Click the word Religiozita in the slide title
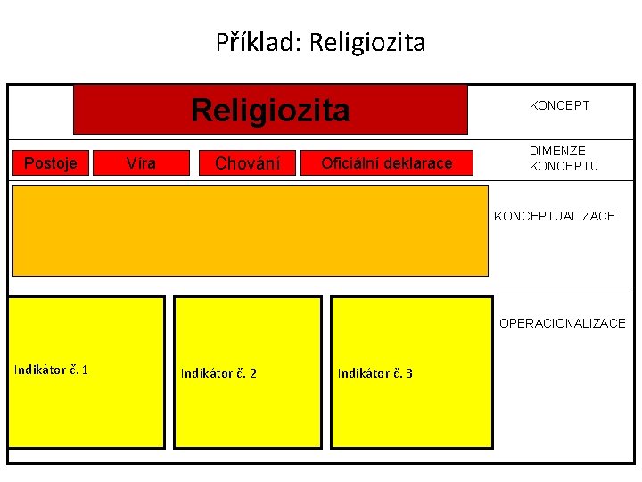366,42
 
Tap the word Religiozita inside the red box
270,111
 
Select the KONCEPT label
559,105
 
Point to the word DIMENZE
557,152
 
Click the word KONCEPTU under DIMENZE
564,166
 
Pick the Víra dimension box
141,163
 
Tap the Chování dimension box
247,163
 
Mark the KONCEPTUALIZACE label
554,216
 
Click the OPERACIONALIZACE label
562,323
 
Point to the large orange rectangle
251,230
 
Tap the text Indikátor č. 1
51,370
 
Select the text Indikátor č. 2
218,373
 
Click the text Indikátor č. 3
374,373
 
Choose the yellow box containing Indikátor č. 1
86,411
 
